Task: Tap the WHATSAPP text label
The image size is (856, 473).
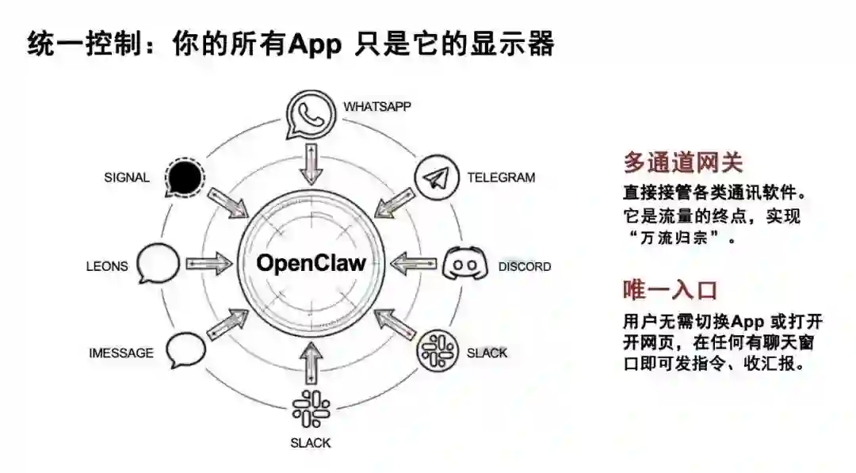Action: pyautogui.click(x=376, y=106)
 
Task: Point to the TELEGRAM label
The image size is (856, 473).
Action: pyautogui.click(x=500, y=177)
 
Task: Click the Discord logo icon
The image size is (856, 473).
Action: pyautogui.click(x=461, y=263)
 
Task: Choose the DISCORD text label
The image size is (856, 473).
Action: pyautogui.click(x=524, y=267)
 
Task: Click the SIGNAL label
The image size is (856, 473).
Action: pyautogui.click(x=126, y=177)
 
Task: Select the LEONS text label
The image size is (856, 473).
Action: pyautogui.click(x=106, y=266)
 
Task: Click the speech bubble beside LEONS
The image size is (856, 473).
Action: pyautogui.click(x=159, y=263)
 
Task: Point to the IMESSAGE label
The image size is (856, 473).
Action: pyautogui.click(x=120, y=353)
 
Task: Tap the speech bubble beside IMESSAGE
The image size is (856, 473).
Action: pyautogui.click(x=185, y=349)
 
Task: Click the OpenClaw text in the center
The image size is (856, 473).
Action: pyautogui.click(x=311, y=262)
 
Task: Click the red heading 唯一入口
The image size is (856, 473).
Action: pyautogui.click(x=670, y=289)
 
